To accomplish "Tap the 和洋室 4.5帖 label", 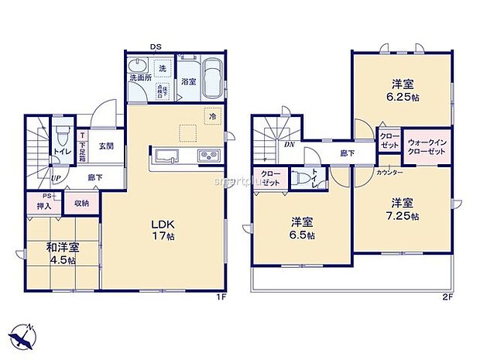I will click(x=60, y=253).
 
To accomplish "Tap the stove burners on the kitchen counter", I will click(x=210, y=156).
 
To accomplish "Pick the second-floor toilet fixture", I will click(x=303, y=178).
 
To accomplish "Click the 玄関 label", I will click(x=106, y=146).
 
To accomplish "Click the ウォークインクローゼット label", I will click(x=427, y=146).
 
